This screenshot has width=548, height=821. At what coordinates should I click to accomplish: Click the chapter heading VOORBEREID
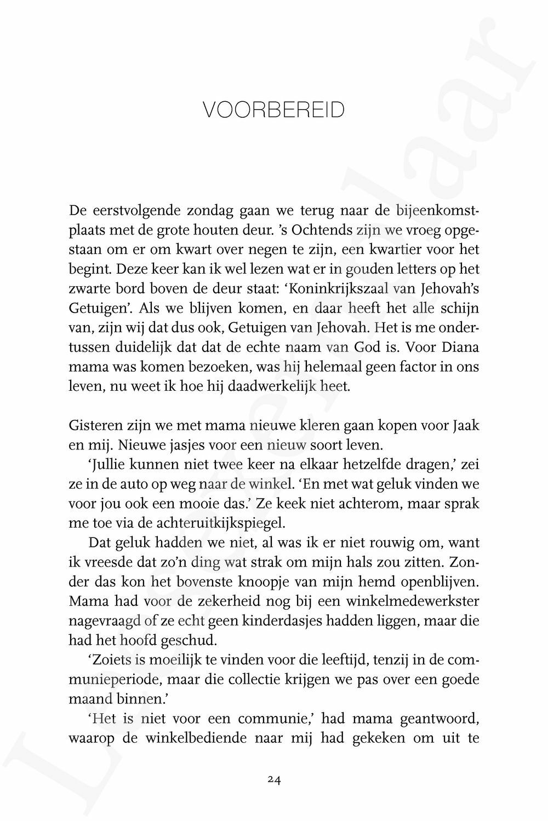tap(273, 110)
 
